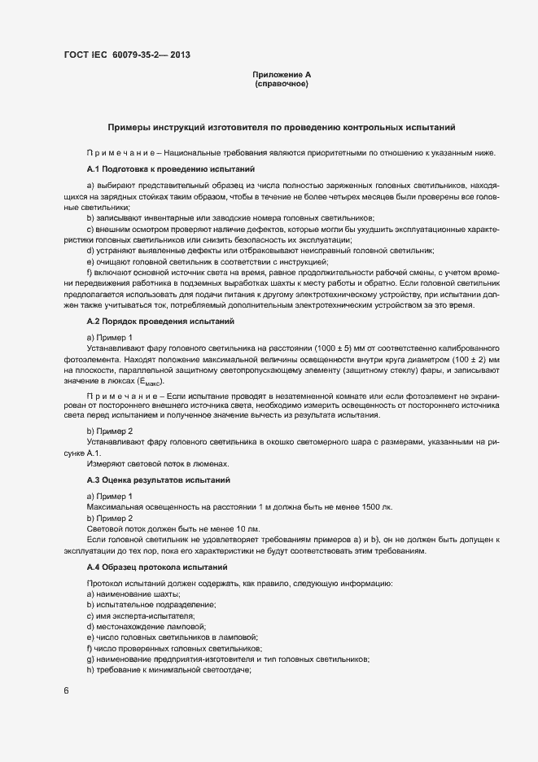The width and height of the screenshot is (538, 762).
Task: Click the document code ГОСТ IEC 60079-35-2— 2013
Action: pos(127,56)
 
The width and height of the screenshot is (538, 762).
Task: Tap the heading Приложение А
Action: pos(282,76)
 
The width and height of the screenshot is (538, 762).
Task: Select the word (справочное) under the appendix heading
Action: pos(282,85)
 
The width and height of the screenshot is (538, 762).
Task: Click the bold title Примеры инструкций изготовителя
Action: pos(282,128)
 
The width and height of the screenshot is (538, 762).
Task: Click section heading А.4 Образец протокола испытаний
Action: pos(155,566)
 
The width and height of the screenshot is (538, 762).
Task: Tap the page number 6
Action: pos(66,692)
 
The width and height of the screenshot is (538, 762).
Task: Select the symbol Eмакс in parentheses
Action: pos(149,382)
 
